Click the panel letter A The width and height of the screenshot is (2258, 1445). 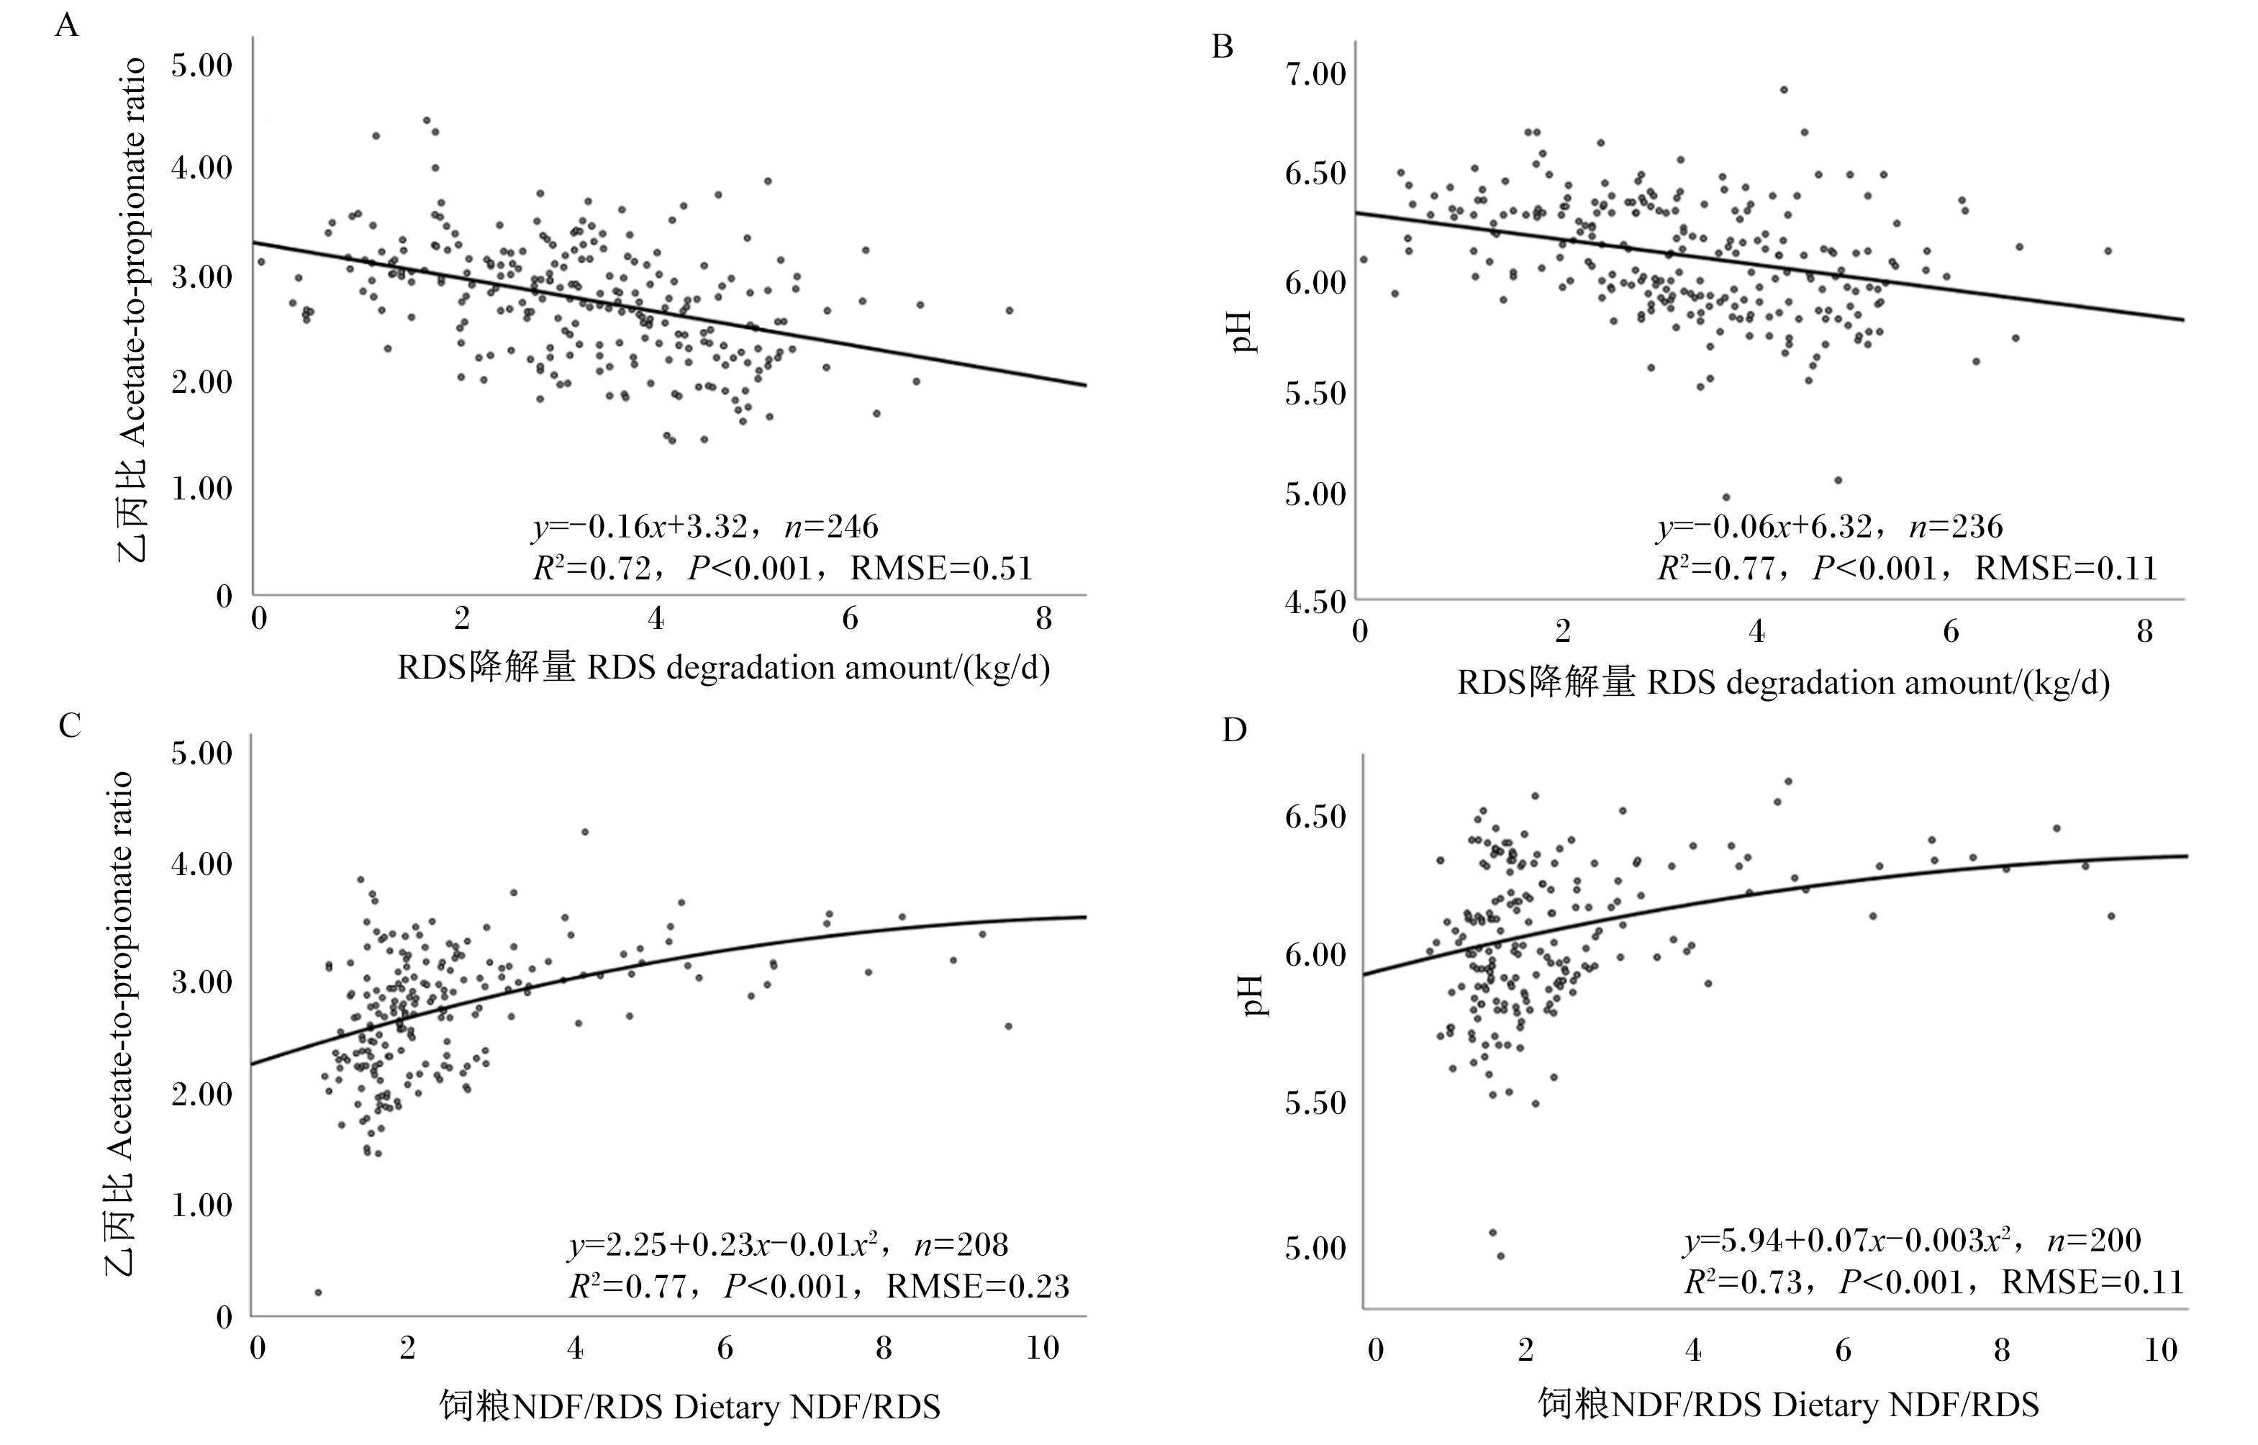pos(67,25)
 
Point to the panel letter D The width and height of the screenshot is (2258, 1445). pos(1235,730)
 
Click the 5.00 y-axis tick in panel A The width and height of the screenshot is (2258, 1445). pos(201,65)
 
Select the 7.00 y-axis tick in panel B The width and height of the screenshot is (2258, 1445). pos(1315,74)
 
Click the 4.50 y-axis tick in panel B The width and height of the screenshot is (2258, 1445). pos(1315,602)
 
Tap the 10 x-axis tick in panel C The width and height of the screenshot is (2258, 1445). pos(1042,1349)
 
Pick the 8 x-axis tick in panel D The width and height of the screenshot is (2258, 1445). pos(2002,1350)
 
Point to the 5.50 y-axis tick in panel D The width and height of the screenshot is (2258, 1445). pos(1315,1102)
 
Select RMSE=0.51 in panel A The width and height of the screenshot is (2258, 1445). pos(941,569)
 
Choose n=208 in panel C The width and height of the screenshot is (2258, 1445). pos(961,1245)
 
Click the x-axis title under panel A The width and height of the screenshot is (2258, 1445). pos(723,668)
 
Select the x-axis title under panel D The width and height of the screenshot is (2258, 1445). pos(1788,1405)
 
